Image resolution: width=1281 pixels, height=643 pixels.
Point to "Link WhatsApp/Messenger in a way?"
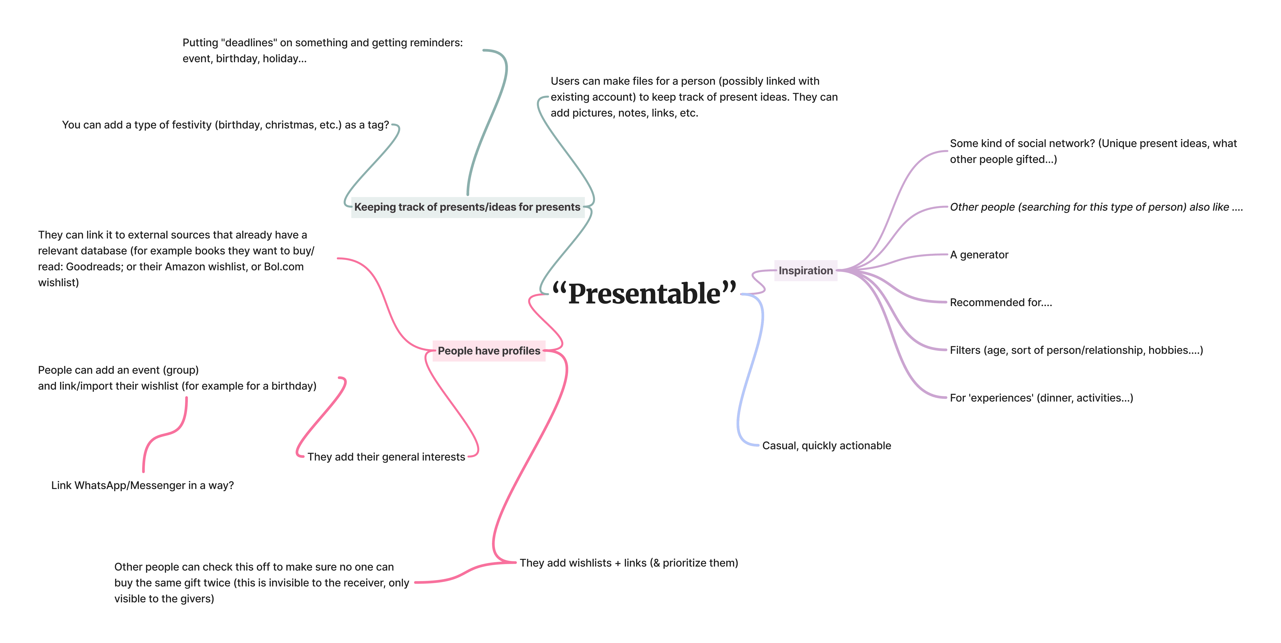(142, 485)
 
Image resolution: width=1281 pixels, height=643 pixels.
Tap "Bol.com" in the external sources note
(283, 267)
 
